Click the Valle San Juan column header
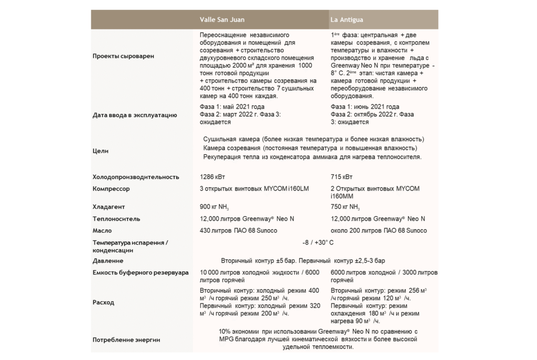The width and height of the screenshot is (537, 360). pos(222,20)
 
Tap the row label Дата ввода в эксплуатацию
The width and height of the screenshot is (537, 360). pos(135,114)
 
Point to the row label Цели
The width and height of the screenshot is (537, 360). pos(101,151)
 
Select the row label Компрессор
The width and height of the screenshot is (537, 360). pos(111,188)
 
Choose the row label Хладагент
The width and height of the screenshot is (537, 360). pos(109,207)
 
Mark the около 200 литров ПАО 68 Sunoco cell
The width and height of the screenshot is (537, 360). pos(379,230)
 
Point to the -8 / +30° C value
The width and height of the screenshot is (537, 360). pos(318,242)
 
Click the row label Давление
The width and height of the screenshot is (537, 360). pos(108,260)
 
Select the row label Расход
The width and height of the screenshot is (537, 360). pos(103,302)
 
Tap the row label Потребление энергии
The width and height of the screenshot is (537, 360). pos(126,340)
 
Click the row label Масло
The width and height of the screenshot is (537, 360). pos(102,230)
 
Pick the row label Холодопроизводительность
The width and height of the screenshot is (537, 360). pos(136,177)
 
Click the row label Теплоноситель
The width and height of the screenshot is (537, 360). pos(116,219)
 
